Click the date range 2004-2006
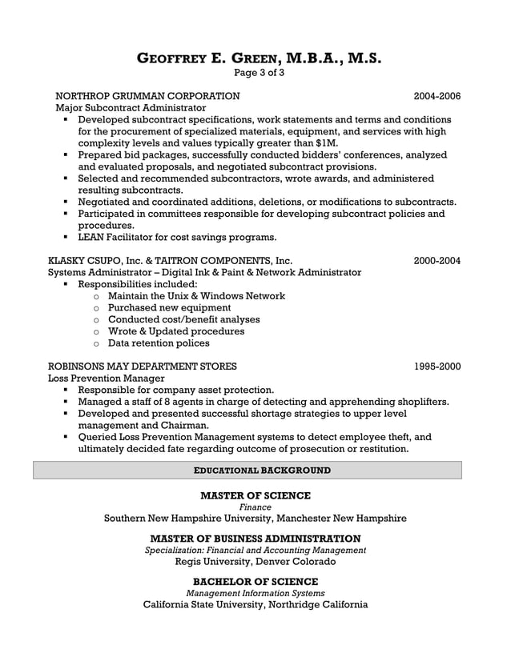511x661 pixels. [437, 96]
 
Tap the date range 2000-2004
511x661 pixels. [437, 260]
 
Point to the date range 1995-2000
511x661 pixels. [437, 367]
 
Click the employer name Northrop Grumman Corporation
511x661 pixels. [147, 96]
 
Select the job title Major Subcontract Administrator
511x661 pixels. [130, 108]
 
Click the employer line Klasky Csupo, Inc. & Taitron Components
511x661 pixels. [171, 260]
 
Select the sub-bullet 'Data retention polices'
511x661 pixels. [159, 343]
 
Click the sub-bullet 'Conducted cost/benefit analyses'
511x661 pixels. [183, 319]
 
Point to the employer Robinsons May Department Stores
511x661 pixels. [143, 367]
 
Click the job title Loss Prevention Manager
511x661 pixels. [107, 379]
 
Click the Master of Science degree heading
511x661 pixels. [255, 495]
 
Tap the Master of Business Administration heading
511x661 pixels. [255, 539]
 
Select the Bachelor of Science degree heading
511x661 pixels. [255, 581]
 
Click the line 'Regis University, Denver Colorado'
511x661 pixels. [255, 562]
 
